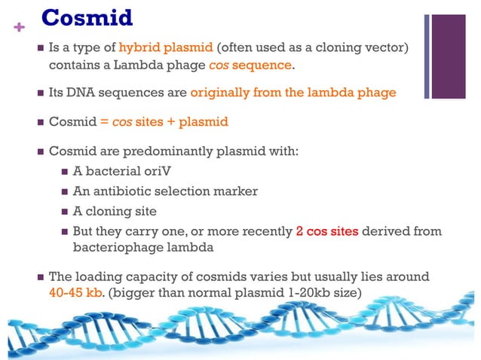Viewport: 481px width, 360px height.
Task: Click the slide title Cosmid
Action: click(x=86, y=17)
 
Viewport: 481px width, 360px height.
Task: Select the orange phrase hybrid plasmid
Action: click(x=166, y=48)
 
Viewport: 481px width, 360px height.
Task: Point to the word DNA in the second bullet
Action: click(x=83, y=93)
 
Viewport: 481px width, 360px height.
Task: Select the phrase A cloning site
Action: click(x=115, y=212)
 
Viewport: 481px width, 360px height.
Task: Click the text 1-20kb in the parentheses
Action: click(x=289, y=292)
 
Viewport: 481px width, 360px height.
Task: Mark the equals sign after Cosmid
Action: click(x=105, y=122)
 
